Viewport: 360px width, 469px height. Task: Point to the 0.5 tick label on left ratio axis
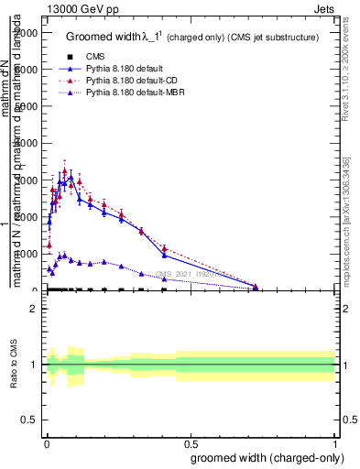coord(30,420)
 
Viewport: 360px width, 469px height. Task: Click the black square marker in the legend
coord(70,58)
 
